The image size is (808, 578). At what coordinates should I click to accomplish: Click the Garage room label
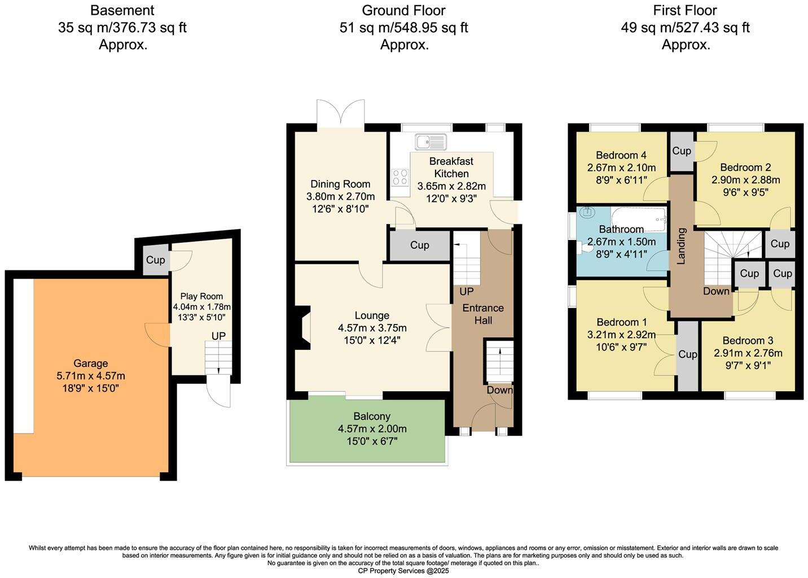90,364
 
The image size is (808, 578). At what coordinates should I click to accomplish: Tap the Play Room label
201,296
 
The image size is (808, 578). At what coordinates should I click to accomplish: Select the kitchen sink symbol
431,141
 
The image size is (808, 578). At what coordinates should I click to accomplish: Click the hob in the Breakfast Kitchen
400,177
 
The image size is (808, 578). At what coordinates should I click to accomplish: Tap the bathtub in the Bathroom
639,218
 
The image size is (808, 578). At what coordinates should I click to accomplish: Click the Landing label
681,246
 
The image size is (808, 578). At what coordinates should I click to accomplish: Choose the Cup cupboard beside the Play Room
155,260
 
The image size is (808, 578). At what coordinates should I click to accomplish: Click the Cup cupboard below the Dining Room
419,246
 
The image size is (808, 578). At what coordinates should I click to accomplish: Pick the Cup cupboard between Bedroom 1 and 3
687,354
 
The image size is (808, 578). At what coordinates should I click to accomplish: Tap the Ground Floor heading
403,11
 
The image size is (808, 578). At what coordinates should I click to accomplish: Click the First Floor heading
685,11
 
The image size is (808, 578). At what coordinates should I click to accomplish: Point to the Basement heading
122,11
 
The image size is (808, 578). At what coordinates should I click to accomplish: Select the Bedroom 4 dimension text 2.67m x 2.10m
621,168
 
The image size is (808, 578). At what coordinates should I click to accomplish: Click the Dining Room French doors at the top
340,114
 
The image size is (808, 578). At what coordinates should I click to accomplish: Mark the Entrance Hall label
483,314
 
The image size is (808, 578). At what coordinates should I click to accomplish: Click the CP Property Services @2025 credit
403,571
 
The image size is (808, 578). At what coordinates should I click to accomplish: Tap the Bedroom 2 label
745,167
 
